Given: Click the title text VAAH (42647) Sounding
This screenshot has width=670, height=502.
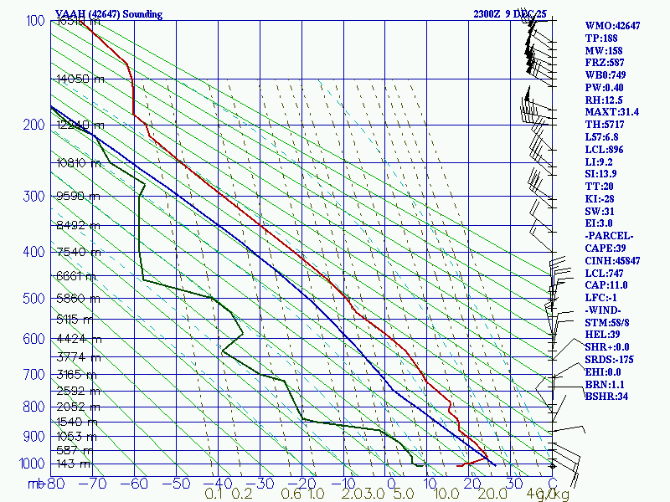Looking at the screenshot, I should (109, 14).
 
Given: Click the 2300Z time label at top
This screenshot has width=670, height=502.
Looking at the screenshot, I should (491, 14).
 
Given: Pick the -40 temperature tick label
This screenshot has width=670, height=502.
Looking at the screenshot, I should (220, 483).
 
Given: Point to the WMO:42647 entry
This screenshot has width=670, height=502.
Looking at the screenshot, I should (612, 26).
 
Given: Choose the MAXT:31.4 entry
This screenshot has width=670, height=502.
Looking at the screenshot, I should (611, 111).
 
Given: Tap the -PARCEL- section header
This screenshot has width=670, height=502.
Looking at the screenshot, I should (609, 235).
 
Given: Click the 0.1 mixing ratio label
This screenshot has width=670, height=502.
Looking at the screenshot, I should (214, 494).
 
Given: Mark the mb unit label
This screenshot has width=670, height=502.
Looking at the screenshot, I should (35, 484).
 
